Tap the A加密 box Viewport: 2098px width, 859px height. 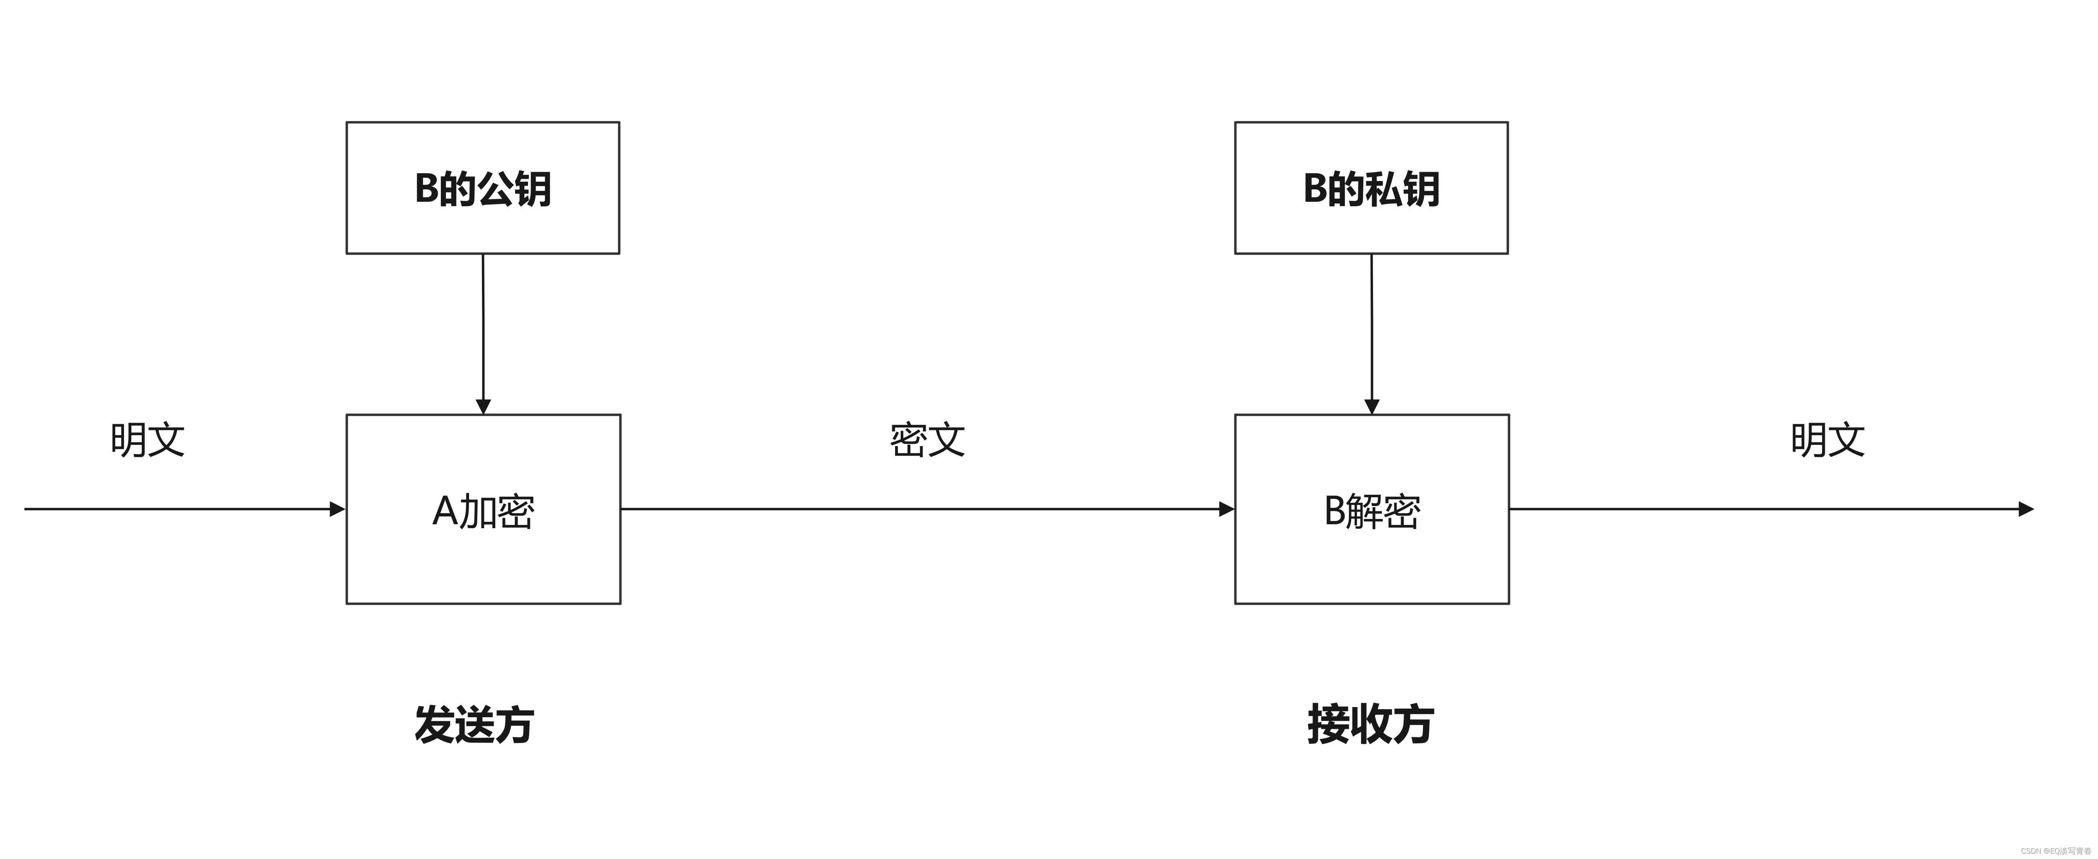click(x=483, y=509)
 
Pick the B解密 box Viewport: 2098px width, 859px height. click(x=1371, y=509)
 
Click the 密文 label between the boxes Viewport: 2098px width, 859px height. click(x=927, y=440)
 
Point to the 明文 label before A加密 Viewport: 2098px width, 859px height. click(x=147, y=440)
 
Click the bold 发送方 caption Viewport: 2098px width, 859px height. click(x=474, y=724)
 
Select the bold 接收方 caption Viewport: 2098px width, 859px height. click(x=1370, y=724)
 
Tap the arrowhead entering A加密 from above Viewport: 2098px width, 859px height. click(x=483, y=406)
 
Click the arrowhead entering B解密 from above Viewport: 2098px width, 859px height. click(x=1371, y=406)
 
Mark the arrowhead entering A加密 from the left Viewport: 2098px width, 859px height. click(x=337, y=509)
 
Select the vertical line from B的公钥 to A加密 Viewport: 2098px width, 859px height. click(x=483, y=326)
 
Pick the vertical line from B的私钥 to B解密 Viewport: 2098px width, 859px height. click(x=1371, y=326)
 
